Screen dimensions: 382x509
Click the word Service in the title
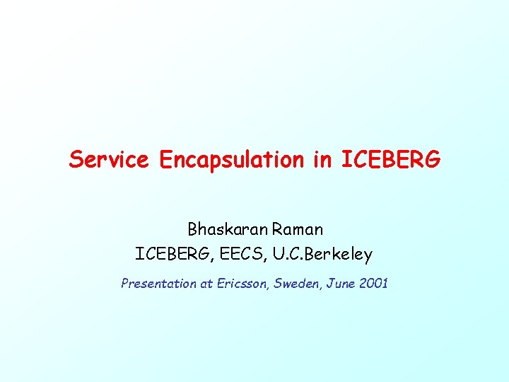(x=109, y=160)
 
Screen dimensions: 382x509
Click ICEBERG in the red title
(x=390, y=160)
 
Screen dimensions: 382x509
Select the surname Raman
(x=298, y=229)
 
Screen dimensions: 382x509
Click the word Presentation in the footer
(x=158, y=284)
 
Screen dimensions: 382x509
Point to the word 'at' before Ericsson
(x=207, y=284)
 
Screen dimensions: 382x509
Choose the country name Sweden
(x=295, y=284)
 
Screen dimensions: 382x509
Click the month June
(x=339, y=284)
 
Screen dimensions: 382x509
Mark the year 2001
(x=373, y=284)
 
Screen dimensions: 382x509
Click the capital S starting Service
(x=76, y=160)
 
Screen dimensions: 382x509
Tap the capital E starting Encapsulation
(x=166, y=160)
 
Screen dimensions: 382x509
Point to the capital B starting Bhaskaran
(x=192, y=229)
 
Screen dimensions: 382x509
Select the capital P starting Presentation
(x=125, y=284)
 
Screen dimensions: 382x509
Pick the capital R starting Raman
(x=279, y=229)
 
